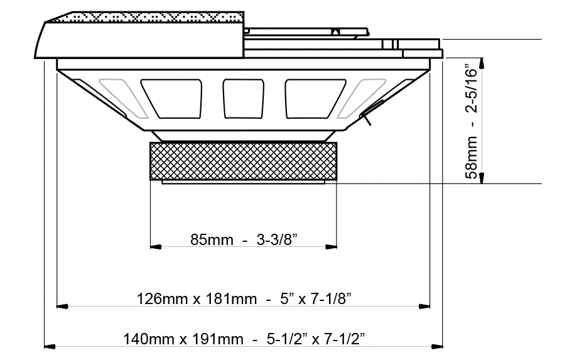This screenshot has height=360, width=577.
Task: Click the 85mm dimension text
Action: click(x=212, y=240)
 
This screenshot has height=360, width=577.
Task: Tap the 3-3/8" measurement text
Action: click(x=277, y=240)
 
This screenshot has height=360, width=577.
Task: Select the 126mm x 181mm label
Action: click(x=197, y=298)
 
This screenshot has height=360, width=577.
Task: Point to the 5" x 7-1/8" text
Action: click(x=316, y=298)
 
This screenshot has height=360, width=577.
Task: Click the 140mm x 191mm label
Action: click(x=183, y=339)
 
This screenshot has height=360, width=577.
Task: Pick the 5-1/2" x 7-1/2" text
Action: click(x=316, y=339)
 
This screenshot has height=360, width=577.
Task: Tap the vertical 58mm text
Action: click(x=471, y=158)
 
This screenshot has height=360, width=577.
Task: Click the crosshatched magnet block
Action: click(x=243, y=161)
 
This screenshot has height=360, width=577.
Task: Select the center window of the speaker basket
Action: click(x=243, y=99)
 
